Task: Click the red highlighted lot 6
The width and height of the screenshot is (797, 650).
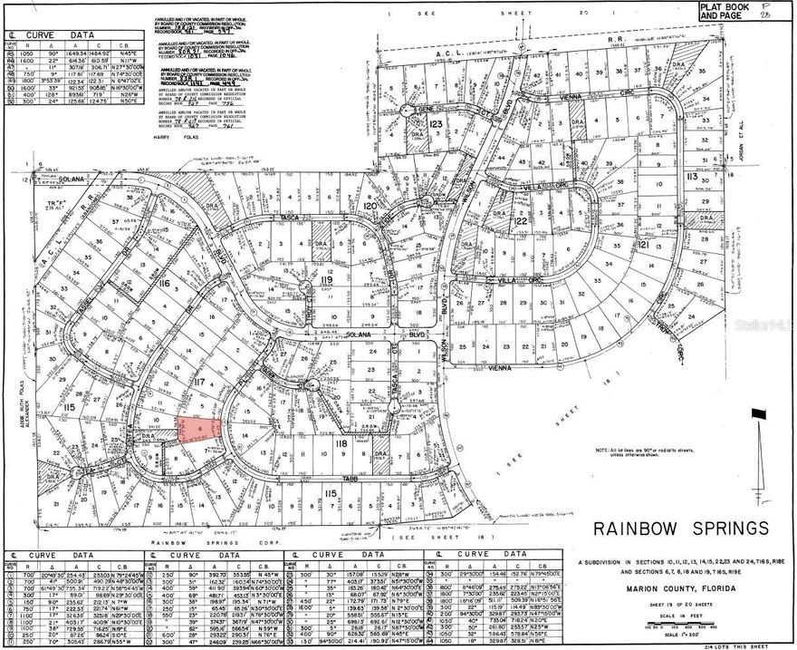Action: point(200,430)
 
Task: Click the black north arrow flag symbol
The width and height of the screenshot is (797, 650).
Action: point(756,414)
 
